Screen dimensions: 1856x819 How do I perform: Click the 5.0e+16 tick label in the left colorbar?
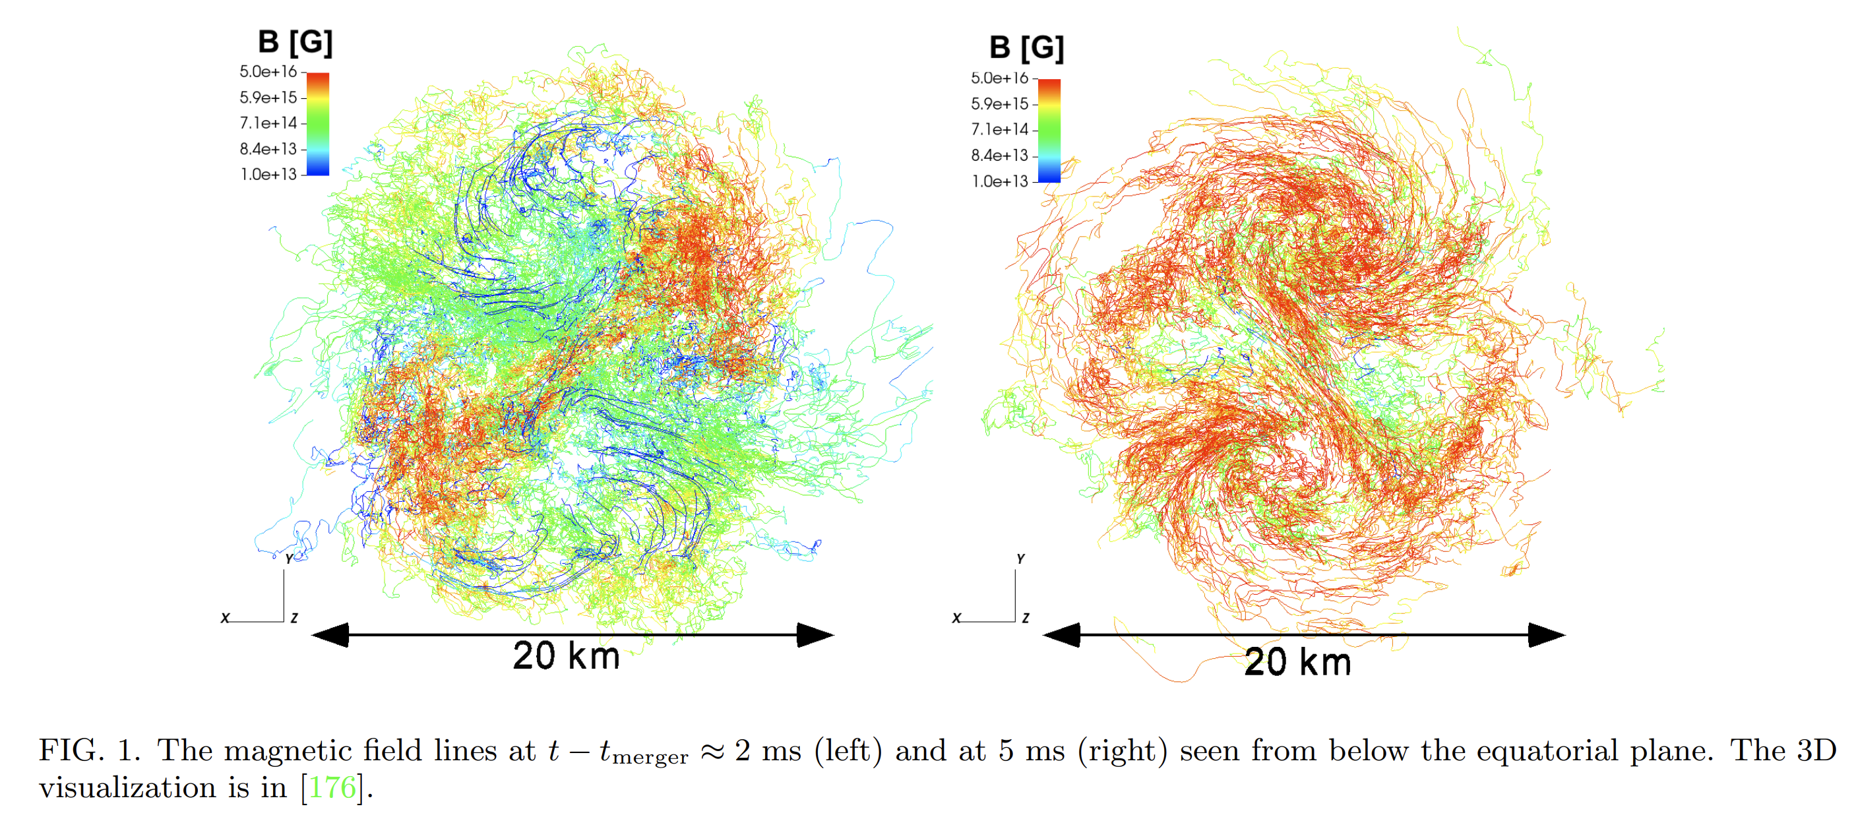point(268,71)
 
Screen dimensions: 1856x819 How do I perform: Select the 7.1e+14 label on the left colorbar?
point(268,123)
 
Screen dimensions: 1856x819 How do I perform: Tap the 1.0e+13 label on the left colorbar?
point(268,174)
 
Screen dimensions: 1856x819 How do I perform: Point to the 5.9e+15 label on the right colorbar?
point(999,104)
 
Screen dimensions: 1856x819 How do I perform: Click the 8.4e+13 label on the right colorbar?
point(999,155)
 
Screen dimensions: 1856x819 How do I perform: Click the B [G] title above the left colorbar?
point(295,42)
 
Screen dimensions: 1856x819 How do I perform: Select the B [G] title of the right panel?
point(1026,48)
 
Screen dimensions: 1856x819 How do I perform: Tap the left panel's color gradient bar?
point(318,124)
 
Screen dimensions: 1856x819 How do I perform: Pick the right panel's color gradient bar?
point(1049,131)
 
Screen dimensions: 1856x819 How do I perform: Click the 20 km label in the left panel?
point(567,655)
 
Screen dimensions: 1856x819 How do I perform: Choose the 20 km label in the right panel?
point(1297,662)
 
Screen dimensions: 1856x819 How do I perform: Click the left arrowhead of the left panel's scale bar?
point(330,634)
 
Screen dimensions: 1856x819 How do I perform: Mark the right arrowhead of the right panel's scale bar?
point(1547,634)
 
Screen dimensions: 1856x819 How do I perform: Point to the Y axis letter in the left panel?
point(289,559)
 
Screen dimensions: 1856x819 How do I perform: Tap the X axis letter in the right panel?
point(957,618)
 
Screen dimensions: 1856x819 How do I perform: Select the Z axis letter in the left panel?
point(294,618)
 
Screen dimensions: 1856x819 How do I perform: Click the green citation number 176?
point(332,787)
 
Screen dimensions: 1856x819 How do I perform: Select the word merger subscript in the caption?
point(650,758)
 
